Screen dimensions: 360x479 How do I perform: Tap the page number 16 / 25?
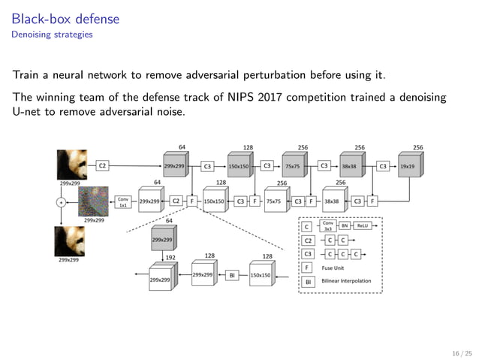tap(459, 352)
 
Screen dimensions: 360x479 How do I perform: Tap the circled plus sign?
tap(62, 202)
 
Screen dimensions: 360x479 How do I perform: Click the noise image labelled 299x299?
tap(94, 201)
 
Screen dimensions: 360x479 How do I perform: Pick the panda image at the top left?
tap(72, 164)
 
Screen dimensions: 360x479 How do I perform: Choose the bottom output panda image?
tap(69, 242)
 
